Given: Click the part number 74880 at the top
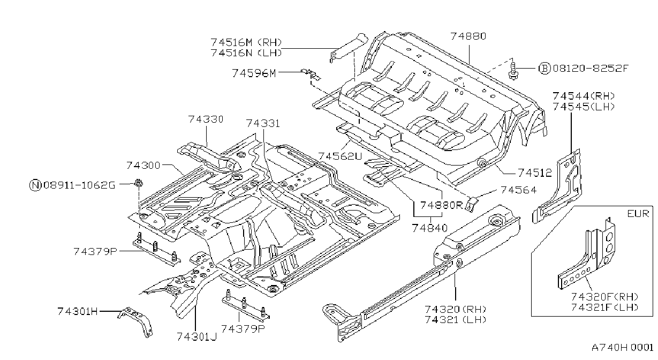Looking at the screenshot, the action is pos(468,36).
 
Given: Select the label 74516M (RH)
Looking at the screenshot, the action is pos(246,42).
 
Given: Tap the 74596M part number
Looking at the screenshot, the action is pos(254,73).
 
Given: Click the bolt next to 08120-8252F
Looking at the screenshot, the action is pos(513,71).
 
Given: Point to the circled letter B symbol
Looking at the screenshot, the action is pos(544,69).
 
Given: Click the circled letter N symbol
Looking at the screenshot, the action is pos(35,185).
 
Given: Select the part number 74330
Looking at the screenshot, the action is pos(206,119).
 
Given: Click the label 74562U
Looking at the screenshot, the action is pos(340,156).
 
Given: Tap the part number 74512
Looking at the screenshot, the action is pos(535,173).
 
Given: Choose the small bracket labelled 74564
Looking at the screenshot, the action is pos(471,204).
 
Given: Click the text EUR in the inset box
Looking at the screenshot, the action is pos(638,213).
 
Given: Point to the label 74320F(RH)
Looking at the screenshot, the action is pos(604,297).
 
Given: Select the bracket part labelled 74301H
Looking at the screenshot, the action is pos(135,321).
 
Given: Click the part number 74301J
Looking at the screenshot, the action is pos(196,336).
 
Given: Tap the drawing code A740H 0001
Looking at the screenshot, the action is pos(623,348).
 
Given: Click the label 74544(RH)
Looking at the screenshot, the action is pos(584,96).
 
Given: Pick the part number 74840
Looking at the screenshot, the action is pos(429,228).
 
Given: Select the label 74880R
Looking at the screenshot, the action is pos(442,205).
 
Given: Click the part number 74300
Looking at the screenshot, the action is pos(143,166).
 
